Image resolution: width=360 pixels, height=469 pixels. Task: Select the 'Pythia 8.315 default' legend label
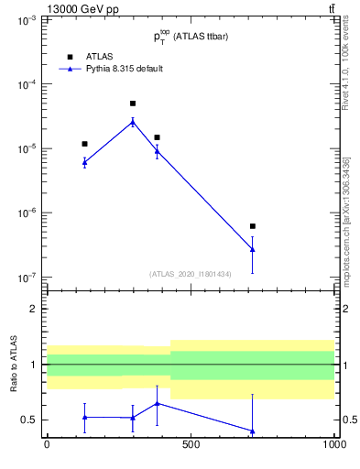(x=125, y=69)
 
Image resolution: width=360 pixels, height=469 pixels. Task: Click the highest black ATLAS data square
(x=133, y=104)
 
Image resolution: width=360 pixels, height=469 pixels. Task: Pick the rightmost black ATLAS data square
(x=252, y=226)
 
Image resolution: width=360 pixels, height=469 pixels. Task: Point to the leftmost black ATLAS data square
(x=84, y=144)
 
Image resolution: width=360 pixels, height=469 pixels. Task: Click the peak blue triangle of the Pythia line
(x=133, y=121)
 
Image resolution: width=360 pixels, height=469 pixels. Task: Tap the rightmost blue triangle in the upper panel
(x=252, y=248)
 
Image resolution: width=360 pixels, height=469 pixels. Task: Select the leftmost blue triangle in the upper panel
(x=84, y=161)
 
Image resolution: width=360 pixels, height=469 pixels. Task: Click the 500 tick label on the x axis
(x=191, y=444)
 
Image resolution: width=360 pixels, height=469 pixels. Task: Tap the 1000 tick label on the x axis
(x=333, y=444)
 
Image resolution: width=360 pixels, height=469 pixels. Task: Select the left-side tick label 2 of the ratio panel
(x=33, y=309)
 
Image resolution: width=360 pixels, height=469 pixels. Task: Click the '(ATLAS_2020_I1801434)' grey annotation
(x=191, y=274)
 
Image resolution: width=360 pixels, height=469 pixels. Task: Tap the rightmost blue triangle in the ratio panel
(x=252, y=431)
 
